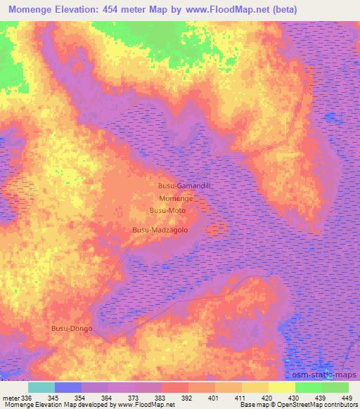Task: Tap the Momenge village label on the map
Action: click(x=176, y=199)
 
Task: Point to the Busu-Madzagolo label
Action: click(x=160, y=230)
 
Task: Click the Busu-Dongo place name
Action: click(x=72, y=328)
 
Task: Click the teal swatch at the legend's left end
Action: click(x=41, y=387)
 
